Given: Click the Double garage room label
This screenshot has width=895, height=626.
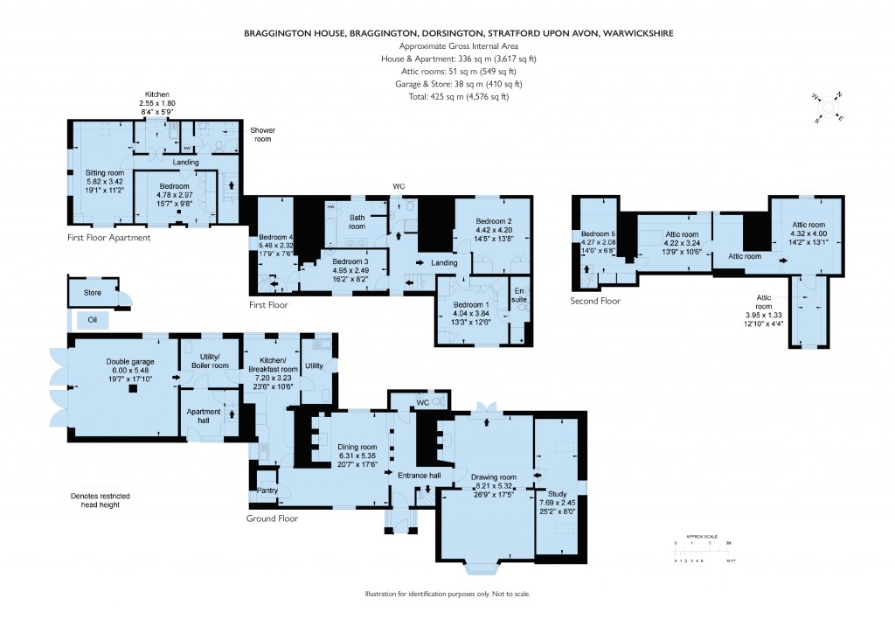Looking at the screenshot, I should pos(129,361).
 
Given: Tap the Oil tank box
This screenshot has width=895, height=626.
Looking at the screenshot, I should pos(93,321).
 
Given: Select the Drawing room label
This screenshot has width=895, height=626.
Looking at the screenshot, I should pos(496,476).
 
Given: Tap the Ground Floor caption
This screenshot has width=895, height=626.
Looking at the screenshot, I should pos(272,518).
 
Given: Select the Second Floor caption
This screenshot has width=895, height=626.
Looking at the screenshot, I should pos(595,301).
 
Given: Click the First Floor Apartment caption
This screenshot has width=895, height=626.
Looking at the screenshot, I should pos(109,237).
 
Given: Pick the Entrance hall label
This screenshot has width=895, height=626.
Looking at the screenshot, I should pos(419,475).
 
